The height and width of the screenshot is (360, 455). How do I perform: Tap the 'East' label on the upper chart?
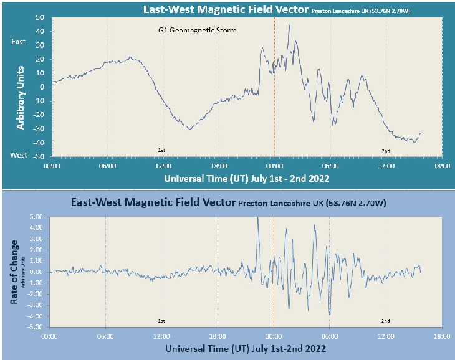19,42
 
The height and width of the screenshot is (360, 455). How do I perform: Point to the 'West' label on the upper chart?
19,154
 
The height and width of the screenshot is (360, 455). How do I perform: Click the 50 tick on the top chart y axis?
39,16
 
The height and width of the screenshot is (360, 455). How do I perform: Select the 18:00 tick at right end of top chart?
441,166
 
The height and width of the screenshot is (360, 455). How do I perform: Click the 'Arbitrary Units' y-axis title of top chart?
21,97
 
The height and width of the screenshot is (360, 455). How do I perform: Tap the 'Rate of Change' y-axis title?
14,272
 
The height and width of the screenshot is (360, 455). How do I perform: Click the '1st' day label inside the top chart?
160,151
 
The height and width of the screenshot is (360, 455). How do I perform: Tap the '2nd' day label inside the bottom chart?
385,321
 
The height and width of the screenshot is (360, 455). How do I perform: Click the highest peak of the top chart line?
289,24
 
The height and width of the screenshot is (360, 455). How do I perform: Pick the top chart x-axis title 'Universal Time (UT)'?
211,178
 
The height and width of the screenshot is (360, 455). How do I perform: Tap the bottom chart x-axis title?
245,349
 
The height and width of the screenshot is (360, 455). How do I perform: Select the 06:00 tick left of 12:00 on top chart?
107,166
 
